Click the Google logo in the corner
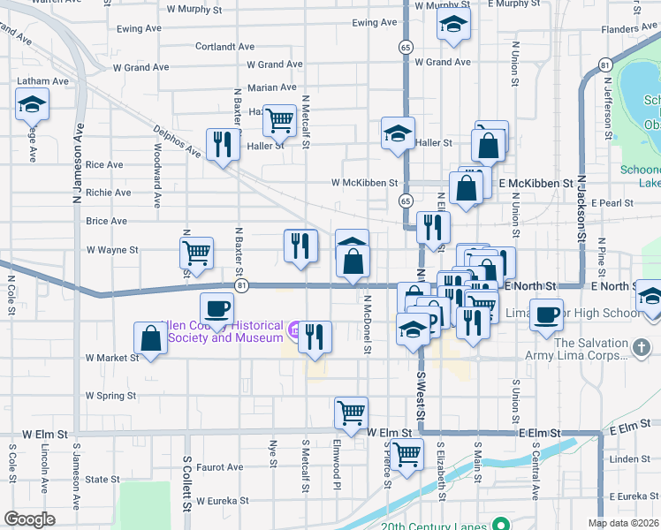[x=29, y=519]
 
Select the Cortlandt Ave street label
[x=224, y=47]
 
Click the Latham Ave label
[x=42, y=81]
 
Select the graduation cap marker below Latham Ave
[x=32, y=106]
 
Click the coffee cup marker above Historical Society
[x=217, y=308]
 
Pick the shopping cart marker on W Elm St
[x=351, y=412]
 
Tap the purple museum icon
[x=293, y=329]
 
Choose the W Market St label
[x=112, y=358]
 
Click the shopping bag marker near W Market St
[x=150, y=337]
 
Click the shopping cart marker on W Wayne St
[x=196, y=253]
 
